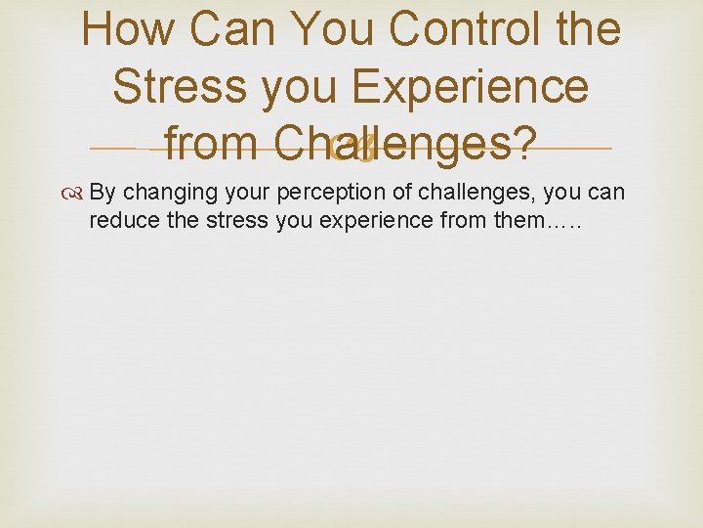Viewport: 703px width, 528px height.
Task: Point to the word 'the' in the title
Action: (x=584, y=29)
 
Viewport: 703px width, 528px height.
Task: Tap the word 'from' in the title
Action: (x=212, y=145)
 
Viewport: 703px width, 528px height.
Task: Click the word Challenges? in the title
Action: (x=405, y=145)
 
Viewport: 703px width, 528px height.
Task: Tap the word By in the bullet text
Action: (x=102, y=193)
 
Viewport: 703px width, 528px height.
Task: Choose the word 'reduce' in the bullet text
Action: (x=117, y=220)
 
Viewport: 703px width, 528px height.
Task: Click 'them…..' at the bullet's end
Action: (x=537, y=220)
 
